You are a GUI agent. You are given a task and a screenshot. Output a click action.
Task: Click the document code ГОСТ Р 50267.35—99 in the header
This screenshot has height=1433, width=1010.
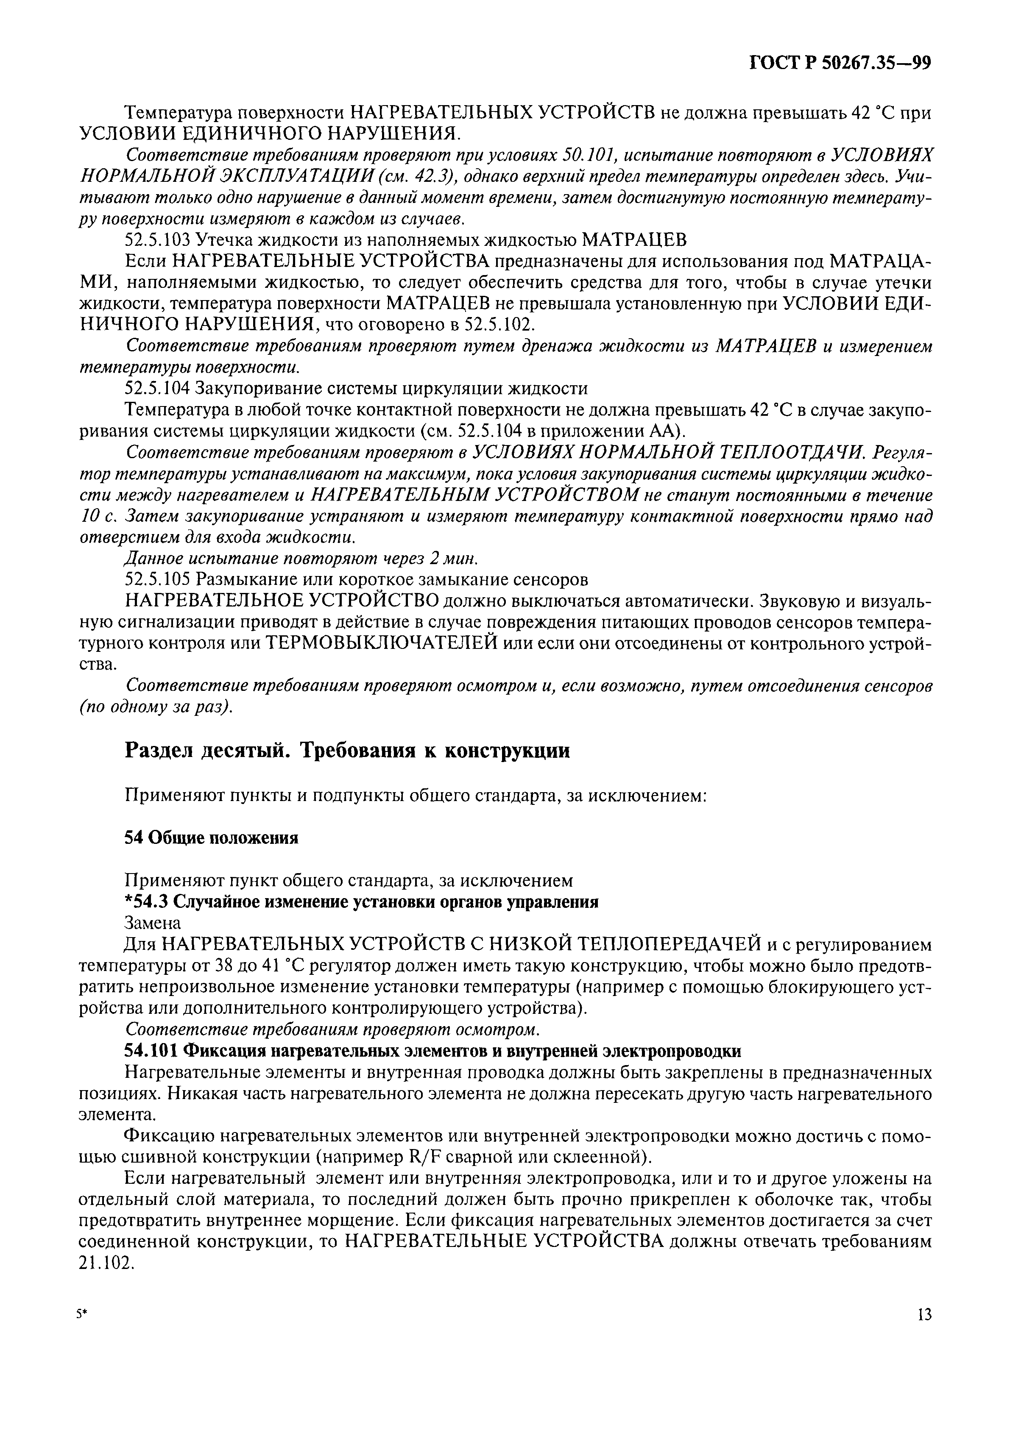(x=840, y=64)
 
